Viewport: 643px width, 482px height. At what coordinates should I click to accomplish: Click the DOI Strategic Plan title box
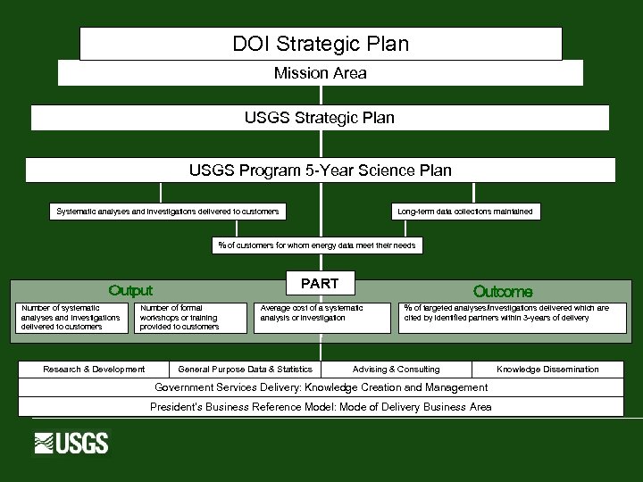click(x=321, y=44)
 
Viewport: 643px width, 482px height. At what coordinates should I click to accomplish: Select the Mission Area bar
click(x=321, y=73)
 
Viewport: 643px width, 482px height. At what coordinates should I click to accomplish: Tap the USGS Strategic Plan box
click(x=320, y=118)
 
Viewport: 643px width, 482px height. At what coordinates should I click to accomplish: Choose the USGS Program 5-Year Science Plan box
click(x=320, y=170)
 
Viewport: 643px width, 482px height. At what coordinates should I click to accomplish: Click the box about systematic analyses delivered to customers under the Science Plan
click(x=168, y=212)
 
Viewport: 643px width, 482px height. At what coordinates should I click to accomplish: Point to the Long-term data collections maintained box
click(x=464, y=212)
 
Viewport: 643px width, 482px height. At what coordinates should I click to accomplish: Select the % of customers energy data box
click(x=317, y=245)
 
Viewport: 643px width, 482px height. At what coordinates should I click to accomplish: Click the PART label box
click(x=320, y=283)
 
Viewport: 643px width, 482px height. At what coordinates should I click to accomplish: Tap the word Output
click(x=130, y=290)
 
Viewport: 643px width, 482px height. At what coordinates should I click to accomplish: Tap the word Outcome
click(x=503, y=291)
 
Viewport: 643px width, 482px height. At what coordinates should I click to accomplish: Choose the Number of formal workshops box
click(x=191, y=318)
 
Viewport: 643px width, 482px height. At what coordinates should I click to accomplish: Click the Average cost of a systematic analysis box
click(x=321, y=318)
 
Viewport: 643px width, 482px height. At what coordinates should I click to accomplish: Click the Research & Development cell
click(x=94, y=369)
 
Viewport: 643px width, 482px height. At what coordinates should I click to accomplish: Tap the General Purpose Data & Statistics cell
click(x=246, y=369)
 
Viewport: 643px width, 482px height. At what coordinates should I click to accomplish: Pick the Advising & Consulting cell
click(x=397, y=369)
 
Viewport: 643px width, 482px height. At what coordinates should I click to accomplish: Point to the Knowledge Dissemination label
click(x=547, y=369)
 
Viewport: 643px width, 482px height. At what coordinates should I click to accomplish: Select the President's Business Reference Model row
click(x=321, y=407)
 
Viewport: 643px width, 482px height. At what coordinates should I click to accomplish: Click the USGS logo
click(x=71, y=443)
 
